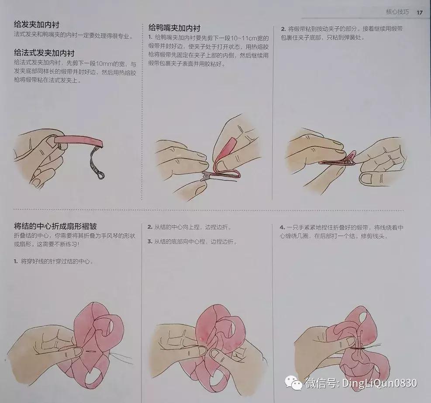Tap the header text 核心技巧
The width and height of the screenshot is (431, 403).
(397, 12)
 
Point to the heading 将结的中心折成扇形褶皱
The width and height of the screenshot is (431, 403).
(55, 226)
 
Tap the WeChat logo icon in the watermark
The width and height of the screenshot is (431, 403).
(293, 383)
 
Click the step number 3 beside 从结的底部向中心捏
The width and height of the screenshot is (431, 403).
(149, 241)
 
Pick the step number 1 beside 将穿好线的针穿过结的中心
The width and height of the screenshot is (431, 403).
(16, 261)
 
